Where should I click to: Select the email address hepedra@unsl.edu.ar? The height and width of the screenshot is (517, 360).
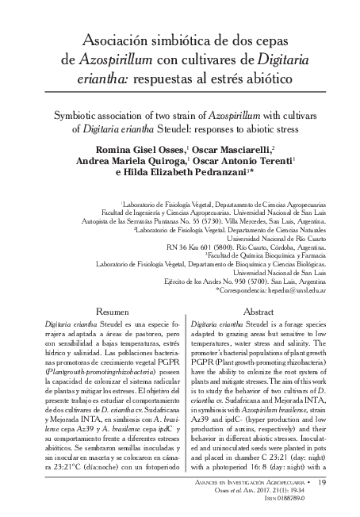click(281, 292)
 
